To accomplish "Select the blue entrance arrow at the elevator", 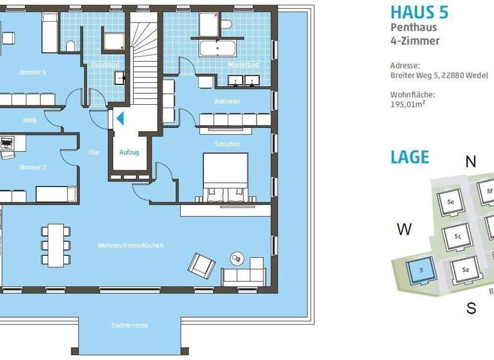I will pyautogui.click(x=120, y=119).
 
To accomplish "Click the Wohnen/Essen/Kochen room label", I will pyautogui.click(x=130, y=246).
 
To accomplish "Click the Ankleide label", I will pyautogui.click(x=226, y=102).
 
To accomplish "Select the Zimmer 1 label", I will pyautogui.click(x=32, y=73).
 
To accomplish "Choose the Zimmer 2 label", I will pyautogui.click(x=32, y=167).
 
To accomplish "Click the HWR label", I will pyautogui.click(x=29, y=120).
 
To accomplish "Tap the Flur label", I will pyautogui.click(x=95, y=153).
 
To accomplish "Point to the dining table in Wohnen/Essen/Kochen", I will pyautogui.click(x=55, y=245).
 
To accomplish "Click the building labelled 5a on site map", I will pyautogui.click(x=465, y=269).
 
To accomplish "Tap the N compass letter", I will pyautogui.click(x=471, y=162).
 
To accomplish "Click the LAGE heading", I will pyautogui.click(x=409, y=157).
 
